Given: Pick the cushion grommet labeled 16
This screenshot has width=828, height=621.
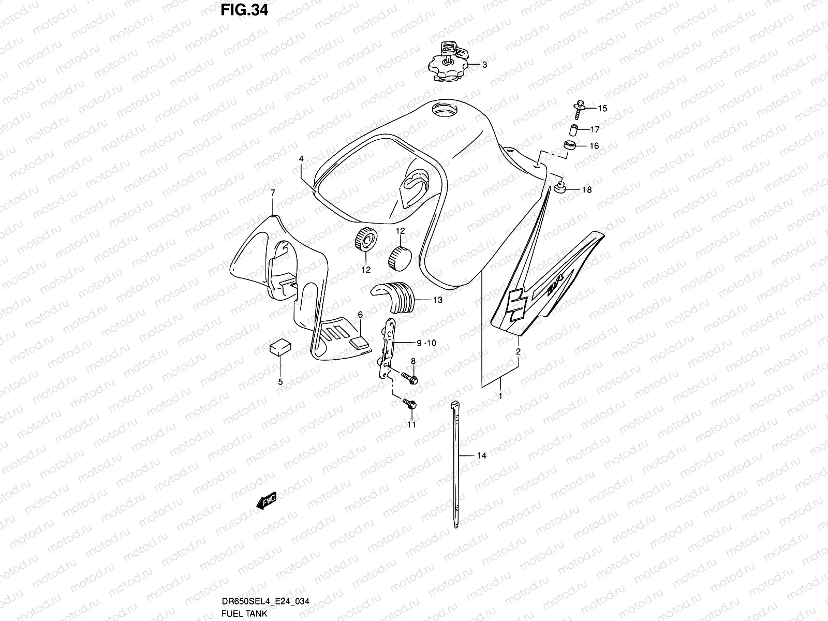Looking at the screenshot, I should pyautogui.click(x=570, y=146).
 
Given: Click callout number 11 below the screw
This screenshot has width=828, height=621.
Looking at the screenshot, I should pyautogui.click(x=411, y=425).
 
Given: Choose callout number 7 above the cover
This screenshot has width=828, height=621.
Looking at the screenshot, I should pyautogui.click(x=273, y=193).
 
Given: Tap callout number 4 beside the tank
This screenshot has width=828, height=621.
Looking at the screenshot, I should pyautogui.click(x=301, y=159).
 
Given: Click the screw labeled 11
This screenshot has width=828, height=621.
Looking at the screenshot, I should pyautogui.click(x=409, y=405).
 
